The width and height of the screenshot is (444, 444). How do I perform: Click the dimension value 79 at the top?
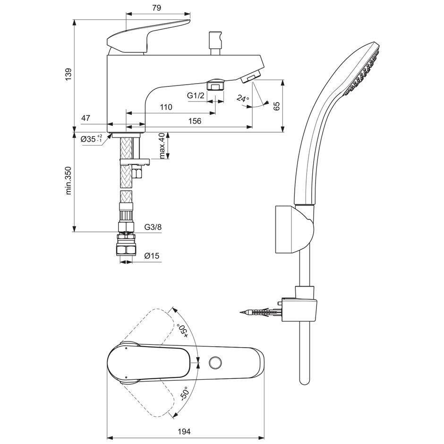coord(157,8)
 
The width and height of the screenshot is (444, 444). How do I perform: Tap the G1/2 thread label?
coord(196,96)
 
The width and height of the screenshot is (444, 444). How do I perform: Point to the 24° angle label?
coord(243,99)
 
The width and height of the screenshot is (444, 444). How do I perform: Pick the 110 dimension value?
coord(166,107)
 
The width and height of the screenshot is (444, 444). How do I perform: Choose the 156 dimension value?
coord(195,121)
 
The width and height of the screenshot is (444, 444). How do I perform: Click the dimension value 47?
coord(85,119)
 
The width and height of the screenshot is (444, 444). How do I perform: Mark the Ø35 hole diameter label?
coord(91,139)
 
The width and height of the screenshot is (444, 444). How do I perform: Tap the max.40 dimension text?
coord(162,146)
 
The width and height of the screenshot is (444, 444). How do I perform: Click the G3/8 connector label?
coord(153,227)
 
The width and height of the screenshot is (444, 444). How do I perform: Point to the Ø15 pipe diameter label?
coord(151,256)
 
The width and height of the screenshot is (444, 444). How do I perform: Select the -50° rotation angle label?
coord(184,394)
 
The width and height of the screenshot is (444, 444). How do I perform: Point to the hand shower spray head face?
coord(364,71)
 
